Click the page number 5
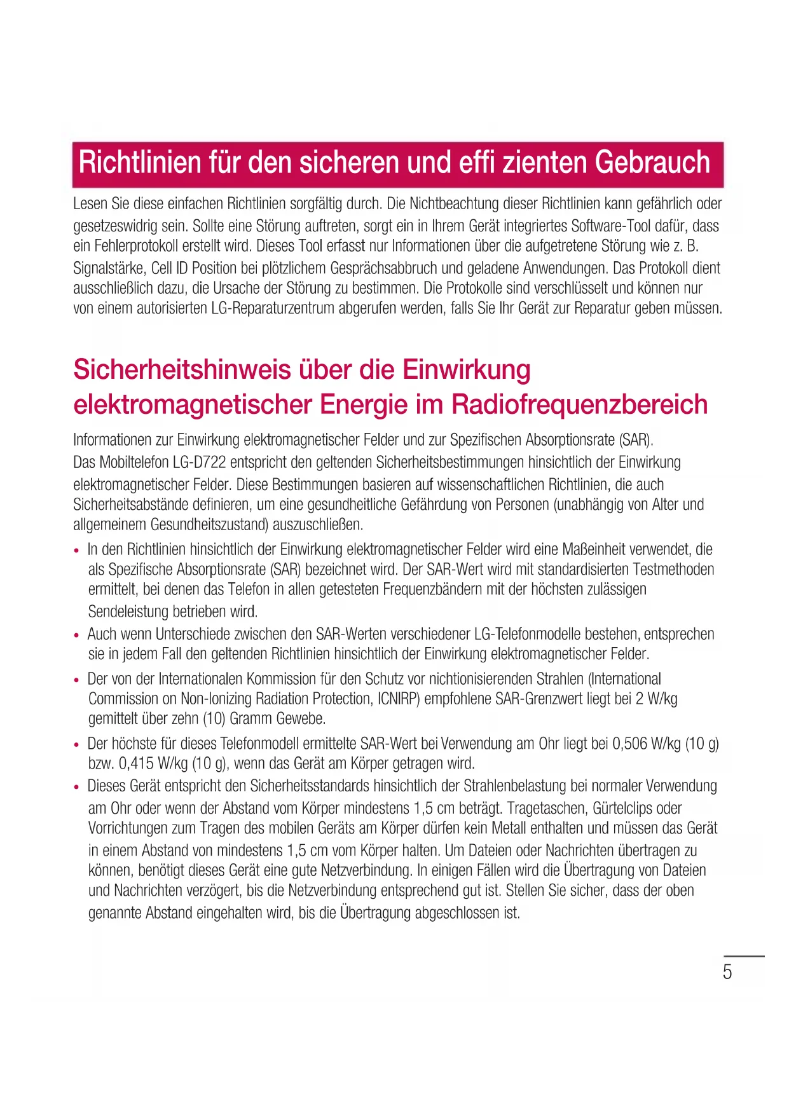click(727, 972)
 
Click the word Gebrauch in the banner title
click(652, 163)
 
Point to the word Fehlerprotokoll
click(137, 246)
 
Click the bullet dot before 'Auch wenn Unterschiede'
click(76, 635)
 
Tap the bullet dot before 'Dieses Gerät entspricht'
click(76, 787)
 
